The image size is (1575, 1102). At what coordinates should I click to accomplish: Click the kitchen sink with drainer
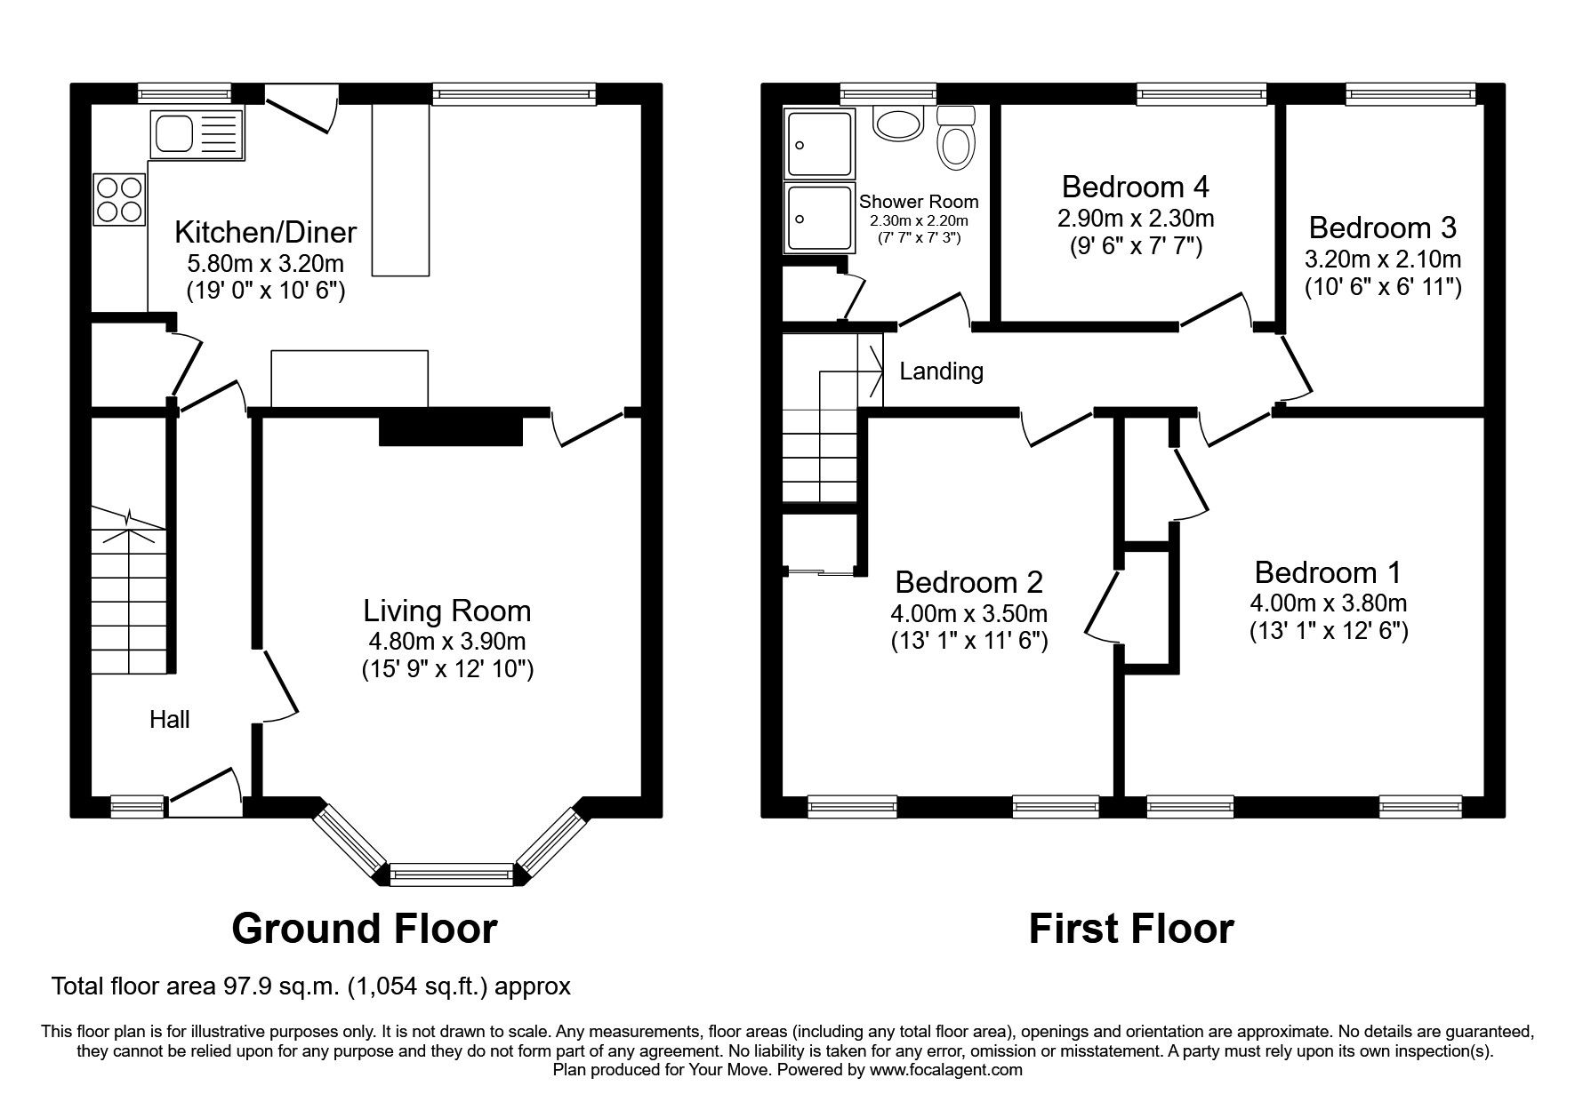[197, 134]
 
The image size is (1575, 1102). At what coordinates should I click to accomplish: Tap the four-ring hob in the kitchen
[118, 200]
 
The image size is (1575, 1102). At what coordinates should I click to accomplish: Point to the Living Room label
[446, 611]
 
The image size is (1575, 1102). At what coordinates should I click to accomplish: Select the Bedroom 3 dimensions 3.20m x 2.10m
[1382, 260]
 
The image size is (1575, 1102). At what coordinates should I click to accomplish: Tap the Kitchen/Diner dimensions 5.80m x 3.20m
[265, 263]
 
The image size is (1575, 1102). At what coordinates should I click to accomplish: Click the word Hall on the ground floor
[169, 719]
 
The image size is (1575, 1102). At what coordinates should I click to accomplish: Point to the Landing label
[941, 371]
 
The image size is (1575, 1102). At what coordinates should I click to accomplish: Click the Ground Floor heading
[364, 929]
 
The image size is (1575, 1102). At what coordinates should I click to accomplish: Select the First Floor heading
[1130, 929]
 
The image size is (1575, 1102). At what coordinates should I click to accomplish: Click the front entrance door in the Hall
[205, 791]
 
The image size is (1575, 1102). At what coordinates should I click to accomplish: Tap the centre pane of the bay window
[452, 875]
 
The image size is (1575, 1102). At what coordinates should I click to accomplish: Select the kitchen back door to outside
[301, 114]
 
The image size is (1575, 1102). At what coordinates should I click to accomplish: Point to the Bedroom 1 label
[1327, 571]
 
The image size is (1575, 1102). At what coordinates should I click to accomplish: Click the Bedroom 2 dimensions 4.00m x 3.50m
[968, 613]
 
